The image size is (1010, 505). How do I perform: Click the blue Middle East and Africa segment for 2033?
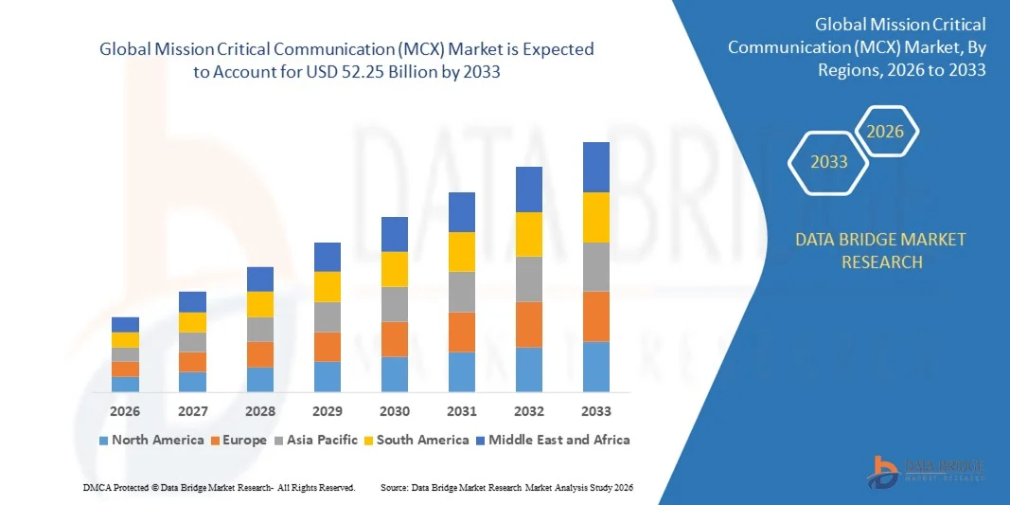(x=595, y=167)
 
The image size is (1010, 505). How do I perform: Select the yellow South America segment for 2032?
(x=528, y=234)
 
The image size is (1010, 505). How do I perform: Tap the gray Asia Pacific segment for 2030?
(x=395, y=304)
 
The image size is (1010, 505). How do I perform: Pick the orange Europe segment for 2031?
(x=461, y=332)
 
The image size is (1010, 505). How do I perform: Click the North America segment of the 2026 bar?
(x=125, y=384)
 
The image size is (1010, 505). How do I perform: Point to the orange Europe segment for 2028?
(x=260, y=354)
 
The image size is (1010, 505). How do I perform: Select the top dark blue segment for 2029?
(x=328, y=257)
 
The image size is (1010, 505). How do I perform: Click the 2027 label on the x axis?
(x=192, y=411)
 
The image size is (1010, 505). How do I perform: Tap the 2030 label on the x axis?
(x=395, y=411)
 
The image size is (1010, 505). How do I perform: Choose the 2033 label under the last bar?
(x=595, y=411)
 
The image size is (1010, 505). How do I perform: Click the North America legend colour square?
(x=103, y=441)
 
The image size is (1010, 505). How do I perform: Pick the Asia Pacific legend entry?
(x=316, y=440)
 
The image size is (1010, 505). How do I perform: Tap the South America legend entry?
(x=422, y=440)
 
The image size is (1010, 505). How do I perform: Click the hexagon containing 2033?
(x=829, y=162)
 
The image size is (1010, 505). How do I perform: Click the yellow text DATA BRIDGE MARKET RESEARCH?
(x=881, y=250)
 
